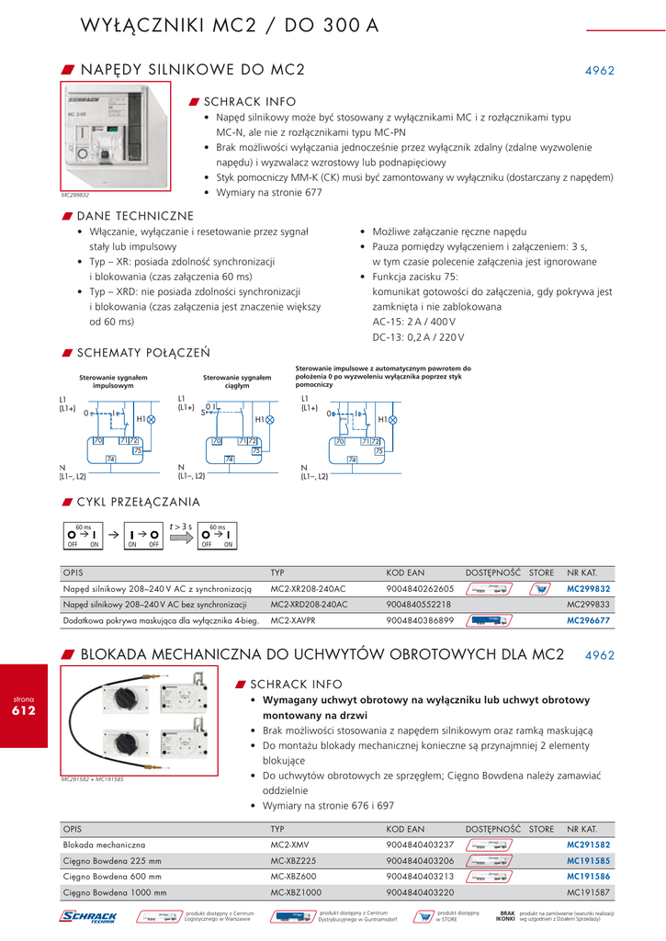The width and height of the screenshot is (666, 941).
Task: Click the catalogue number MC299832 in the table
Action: pyautogui.click(x=588, y=588)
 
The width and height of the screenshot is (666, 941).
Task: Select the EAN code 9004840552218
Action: pyautogui.click(x=420, y=605)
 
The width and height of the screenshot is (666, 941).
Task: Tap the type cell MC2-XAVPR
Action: pyautogui.click(x=295, y=621)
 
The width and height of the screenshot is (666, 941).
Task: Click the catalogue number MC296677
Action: pyautogui.click(x=588, y=621)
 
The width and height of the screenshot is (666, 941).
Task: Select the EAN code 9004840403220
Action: pyautogui.click(x=420, y=892)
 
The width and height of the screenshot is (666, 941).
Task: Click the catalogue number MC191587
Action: pyautogui.click(x=588, y=892)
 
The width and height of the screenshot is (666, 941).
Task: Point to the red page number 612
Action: pyautogui.click(x=23, y=710)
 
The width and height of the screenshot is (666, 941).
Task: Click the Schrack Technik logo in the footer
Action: pyautogui.click(x=88, y=916)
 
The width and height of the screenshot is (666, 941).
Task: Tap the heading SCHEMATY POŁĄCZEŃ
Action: pyautogui.click(x=130, y=352)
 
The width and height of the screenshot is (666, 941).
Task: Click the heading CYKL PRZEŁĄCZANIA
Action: pyautogui.click(x=138, y=502)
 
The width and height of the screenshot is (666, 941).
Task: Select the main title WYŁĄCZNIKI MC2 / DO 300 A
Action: pyautogui.click(x=230, y=25)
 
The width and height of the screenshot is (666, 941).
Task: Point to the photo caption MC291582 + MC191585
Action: pyautogui.click(x=92, y=779)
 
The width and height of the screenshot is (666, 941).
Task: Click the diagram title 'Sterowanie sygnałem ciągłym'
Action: pyautogui.click(x=237, y=381)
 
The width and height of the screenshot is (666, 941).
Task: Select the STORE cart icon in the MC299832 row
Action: pyautogui.click(x=542, y=589)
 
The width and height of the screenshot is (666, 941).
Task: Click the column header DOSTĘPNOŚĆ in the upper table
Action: pyautogui.click(x=492, y=573)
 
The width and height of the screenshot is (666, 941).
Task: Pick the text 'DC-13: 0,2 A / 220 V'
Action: pyautogui.click(x=418, y=337)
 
